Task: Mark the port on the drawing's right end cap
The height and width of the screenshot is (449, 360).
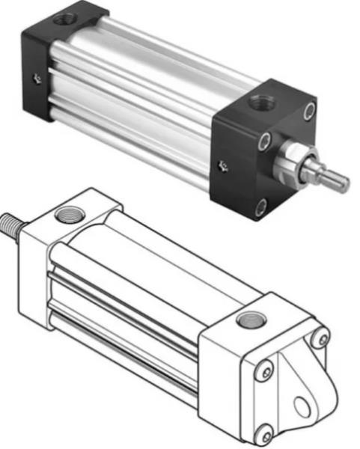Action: pos(246,320)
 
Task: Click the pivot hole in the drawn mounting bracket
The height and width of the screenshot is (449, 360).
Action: pos(302,406)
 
